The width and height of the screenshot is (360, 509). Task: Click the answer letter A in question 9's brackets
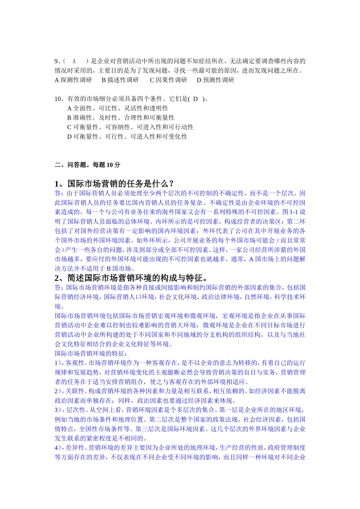74,61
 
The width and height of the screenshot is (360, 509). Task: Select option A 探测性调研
74,80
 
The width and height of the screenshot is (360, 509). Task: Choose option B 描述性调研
120,80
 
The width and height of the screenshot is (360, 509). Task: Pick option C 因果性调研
168,80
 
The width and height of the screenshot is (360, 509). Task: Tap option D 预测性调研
215,80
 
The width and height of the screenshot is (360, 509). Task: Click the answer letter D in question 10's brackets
196,99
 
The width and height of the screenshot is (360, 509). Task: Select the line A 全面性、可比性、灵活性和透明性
117,108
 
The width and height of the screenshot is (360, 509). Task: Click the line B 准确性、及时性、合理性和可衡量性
121,118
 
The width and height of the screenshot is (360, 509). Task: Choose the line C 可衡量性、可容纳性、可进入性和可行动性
130,127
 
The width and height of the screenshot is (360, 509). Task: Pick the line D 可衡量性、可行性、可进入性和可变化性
127,137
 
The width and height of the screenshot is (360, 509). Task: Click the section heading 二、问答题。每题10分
88,165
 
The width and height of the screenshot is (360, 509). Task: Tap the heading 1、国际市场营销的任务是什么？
114,184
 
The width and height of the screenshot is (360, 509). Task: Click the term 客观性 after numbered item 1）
75,363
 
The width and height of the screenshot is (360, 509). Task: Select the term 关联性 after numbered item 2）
75,391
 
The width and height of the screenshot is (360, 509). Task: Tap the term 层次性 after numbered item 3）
75,410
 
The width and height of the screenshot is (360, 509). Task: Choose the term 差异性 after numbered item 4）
75,448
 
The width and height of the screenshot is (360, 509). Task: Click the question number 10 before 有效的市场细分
58,99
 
